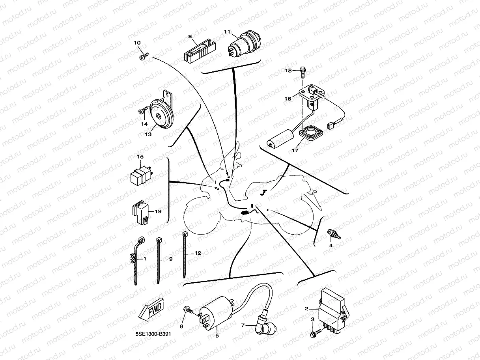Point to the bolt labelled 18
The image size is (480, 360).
[303, 72]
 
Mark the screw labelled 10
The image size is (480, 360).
[143, 57]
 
